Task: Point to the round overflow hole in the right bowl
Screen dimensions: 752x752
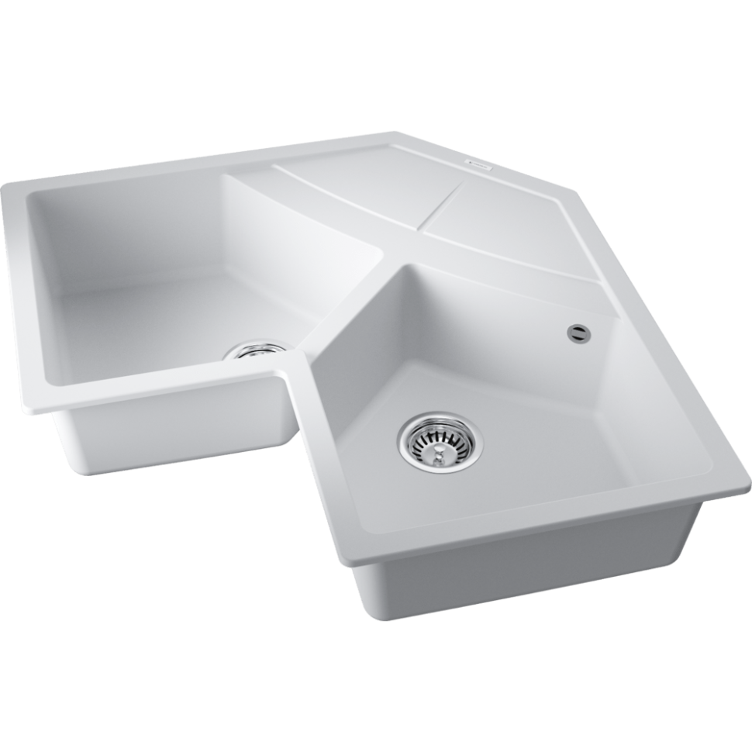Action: [578, 332]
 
